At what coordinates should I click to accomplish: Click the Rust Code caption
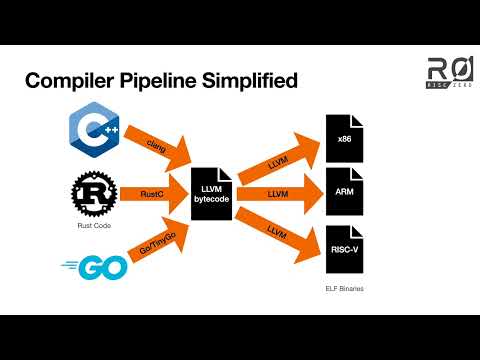point(93,225)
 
